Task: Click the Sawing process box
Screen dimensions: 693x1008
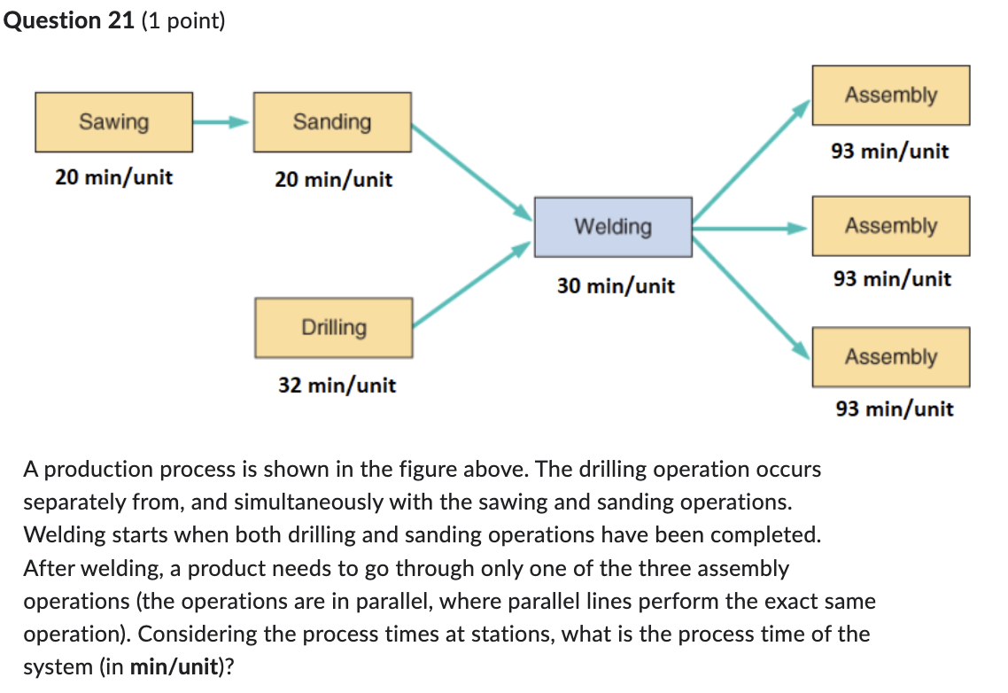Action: [114, 121]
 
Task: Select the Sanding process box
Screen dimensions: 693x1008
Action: [332, 121]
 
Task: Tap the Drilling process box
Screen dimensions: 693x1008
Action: [334, 327]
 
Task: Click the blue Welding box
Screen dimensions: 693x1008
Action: [613, 227]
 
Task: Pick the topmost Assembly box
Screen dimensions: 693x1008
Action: [890, 95]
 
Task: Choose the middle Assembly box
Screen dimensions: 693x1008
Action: [890, 226]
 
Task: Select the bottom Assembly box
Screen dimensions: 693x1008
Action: [890, 357]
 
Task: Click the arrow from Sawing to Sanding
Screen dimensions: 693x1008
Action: [222, 122]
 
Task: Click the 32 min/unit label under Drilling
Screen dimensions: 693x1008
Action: [337, 385]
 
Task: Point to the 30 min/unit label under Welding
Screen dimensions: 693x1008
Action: [616, 286]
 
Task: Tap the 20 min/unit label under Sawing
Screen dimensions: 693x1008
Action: [113, 177]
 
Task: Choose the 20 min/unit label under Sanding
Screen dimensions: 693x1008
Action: [333, 180]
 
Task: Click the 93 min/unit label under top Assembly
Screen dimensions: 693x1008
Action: [889, 152]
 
